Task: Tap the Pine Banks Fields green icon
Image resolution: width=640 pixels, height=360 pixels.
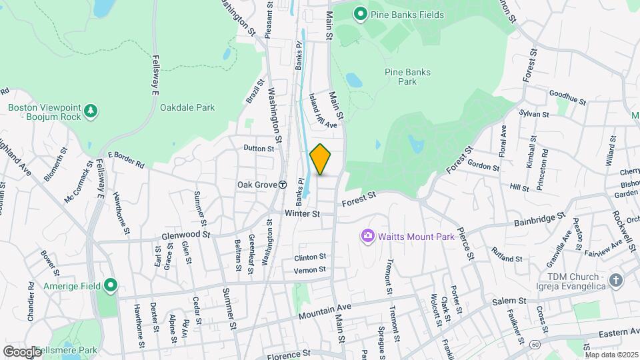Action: point(361,13)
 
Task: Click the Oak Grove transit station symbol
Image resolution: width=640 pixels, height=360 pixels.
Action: point(282,184)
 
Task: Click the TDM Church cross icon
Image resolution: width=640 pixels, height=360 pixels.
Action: point(615,280)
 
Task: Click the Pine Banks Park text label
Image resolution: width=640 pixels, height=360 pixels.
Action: point(407,77)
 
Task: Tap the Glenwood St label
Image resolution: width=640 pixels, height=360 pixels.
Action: point(185,235)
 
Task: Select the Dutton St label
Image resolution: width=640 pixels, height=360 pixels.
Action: point(259,148)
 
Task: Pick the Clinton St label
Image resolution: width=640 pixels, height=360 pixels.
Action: point(310,257)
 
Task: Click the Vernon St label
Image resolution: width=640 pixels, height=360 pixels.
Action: point(310,269)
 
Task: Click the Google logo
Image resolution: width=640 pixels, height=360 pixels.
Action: point(22,351)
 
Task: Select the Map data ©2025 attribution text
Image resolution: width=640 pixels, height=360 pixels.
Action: point(611,355)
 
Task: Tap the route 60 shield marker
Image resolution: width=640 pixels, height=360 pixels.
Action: point(535,343)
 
